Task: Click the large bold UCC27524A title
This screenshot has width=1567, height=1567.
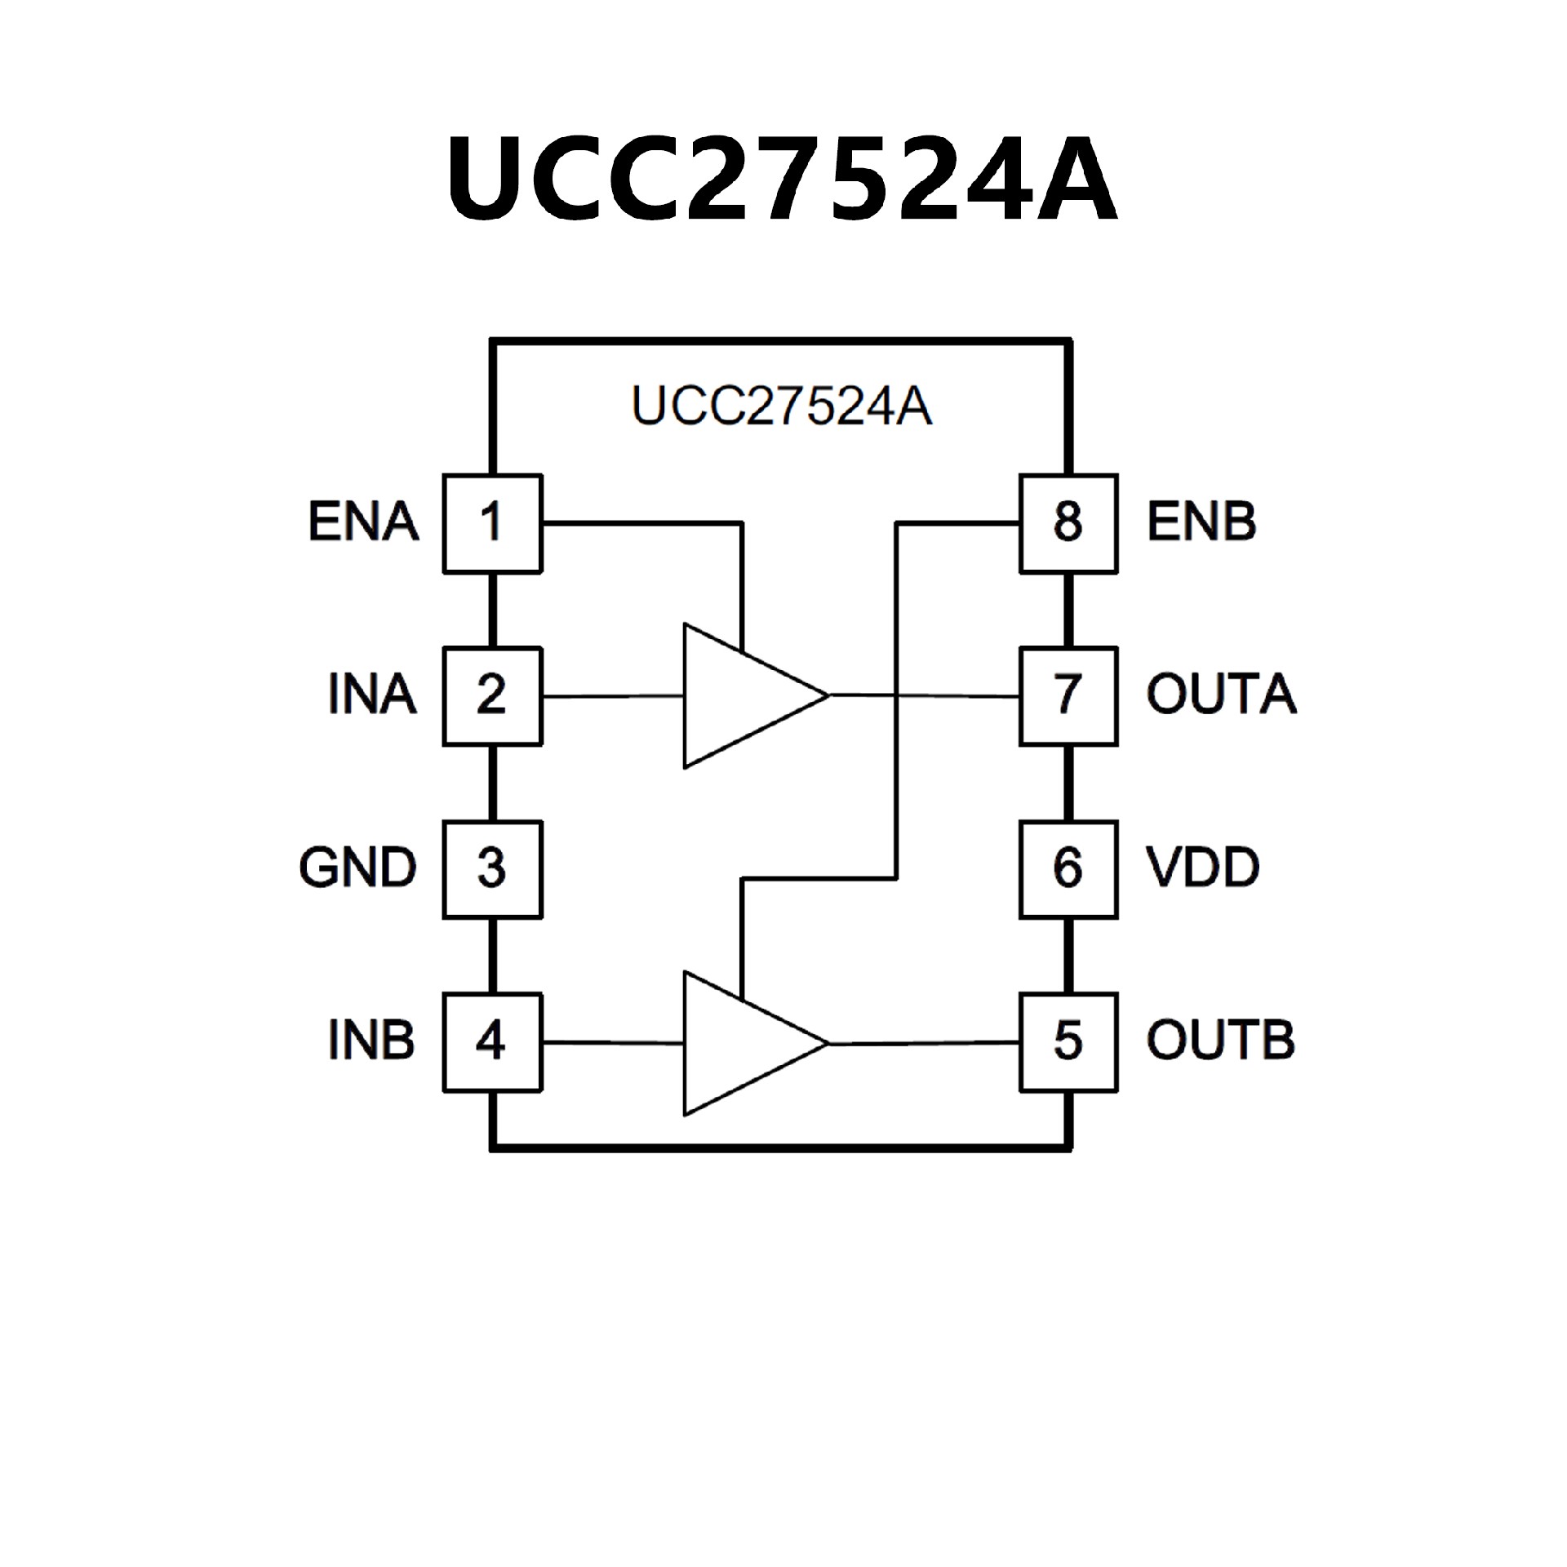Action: click(782, 178)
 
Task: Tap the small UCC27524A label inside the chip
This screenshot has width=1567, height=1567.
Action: click(782, 406)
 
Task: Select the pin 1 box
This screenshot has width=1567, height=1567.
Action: click(492, 523)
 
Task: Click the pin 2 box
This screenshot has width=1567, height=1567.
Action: click(492, 696)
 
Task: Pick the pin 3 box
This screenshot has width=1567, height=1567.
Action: click(492, 869)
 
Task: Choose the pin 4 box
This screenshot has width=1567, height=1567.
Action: click(492, 1042)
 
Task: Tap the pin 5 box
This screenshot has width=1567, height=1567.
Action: click(1068, 1042)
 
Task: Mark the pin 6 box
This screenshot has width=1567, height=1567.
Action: click(1068, 869)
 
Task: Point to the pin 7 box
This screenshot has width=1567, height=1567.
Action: click(1068, 696)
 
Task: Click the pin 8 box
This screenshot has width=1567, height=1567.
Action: click(1068, 523)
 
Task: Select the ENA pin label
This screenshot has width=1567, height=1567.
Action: click(363, 522)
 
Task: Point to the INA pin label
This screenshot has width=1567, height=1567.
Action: click(372, 695)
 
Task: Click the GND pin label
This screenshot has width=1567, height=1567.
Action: click(358, 868)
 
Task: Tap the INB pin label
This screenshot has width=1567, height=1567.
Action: click(371, 1041)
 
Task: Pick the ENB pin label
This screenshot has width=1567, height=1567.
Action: click(1201, 522)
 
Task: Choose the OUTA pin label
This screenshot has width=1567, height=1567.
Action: click(1221, 695)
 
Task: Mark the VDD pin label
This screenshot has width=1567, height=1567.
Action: click(1203, 868)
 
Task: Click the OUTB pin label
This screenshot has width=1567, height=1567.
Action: click(1220, 1041)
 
